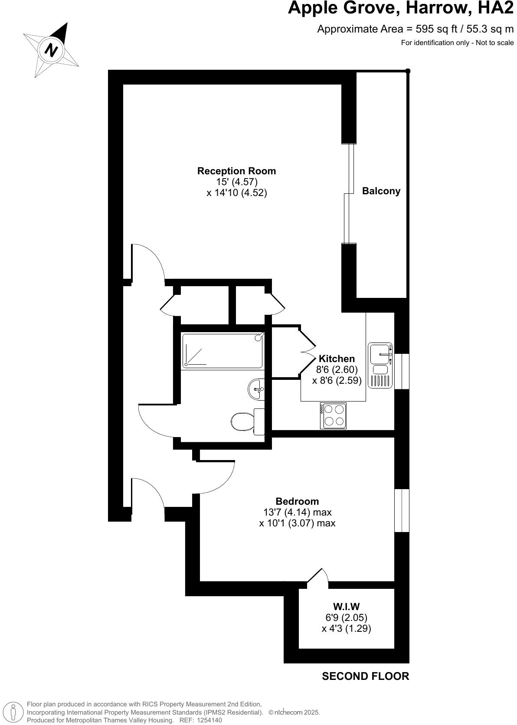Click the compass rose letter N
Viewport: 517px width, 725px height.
[x=52, y=50]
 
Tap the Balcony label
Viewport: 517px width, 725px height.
[x=381, y=191]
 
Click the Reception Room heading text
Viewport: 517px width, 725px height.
[x=236, y=171]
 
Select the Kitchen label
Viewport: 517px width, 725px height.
[x=337, y=359]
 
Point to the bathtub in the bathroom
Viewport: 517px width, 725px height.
[x=223, y=351]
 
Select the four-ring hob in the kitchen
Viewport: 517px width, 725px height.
[x=333, y=416]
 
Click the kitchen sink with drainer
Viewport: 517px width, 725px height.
[x=380, y=366]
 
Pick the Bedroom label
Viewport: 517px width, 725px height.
[x=297, y=501]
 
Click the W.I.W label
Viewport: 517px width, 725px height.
[x=346, y=607]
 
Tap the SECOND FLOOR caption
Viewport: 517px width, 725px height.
[x=365, y=676]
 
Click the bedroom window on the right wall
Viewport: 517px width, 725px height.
[x=402, y=511]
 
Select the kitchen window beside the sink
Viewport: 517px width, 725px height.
[x=402, y=371]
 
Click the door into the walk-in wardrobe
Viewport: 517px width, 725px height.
[x=317, y=578]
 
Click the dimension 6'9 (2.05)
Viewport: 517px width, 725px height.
[x=346, y=617]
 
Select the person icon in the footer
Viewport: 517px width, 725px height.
[x=14, y=712]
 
